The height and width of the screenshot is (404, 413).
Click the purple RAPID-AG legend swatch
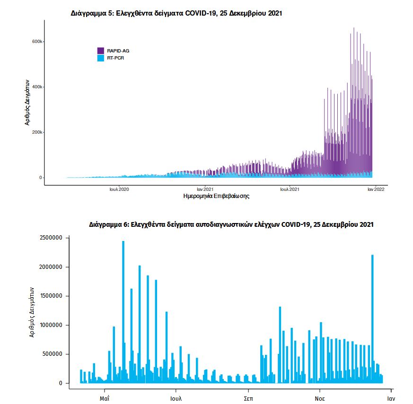[x=100, y=51]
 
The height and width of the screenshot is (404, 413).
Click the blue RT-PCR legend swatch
[x=100, y=58]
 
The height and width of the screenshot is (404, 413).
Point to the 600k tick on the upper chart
[x=37, y=42]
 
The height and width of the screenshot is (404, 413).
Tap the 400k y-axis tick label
[x=37, y=87]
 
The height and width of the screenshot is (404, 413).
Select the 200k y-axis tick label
[x=37, y=132]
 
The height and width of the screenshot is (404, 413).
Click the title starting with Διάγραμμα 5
[x=176, y=14]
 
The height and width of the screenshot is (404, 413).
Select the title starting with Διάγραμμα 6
[x=231, y=224]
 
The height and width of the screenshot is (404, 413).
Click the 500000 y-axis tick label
[x=51, y=354]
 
